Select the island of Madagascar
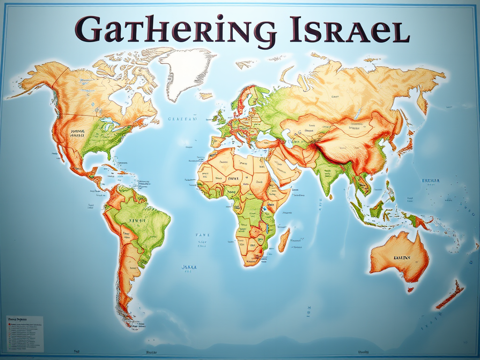284,240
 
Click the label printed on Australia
402,257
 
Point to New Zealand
450,295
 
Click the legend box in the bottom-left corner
25,333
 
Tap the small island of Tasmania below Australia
410,290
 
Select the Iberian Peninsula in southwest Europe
219,140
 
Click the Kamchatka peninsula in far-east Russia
422,101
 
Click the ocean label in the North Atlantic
181,119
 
